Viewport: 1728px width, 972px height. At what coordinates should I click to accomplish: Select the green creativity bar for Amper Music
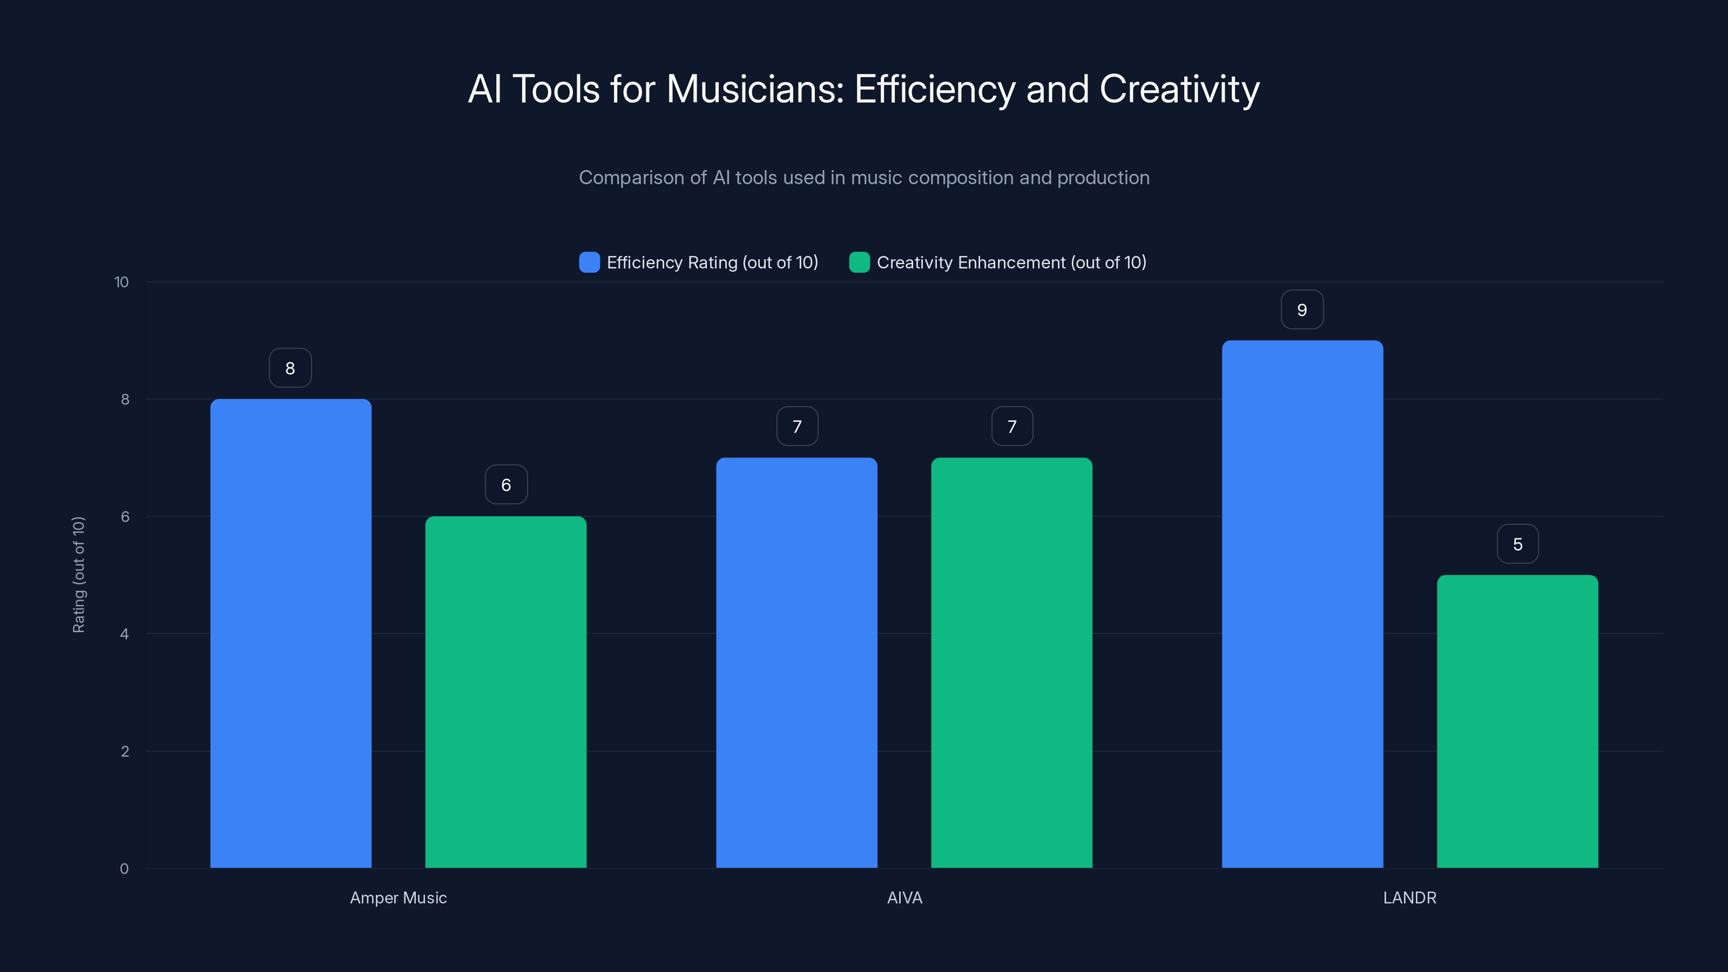click(x=506, y=692)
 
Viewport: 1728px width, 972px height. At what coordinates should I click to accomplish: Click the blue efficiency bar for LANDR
click(x=1302, y=604)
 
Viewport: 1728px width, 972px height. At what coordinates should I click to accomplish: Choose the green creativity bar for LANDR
click(x=1517, y=721)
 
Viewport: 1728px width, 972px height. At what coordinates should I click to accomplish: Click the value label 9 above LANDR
click(x=1302, y=310)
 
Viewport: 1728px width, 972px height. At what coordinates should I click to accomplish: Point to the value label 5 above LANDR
click(x=1517, y=544)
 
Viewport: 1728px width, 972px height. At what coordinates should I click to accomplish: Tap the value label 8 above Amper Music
click(x=291, y=368)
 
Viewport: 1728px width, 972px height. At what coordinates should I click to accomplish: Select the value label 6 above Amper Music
click(x=506, y=485)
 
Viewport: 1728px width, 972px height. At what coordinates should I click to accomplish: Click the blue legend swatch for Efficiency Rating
click(x=589, y=262)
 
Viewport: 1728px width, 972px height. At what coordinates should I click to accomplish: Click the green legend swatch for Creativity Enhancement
click(x=859, y=262)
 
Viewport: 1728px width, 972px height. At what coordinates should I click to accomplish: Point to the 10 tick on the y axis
click(x=122, y=282)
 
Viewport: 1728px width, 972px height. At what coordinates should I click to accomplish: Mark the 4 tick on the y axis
click(x=124, y=634)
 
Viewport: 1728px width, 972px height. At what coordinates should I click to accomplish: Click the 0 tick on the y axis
click(x=124, y=869)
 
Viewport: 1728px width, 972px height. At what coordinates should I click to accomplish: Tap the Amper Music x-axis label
click(x=399, y=897)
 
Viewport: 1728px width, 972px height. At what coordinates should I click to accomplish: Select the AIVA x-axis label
click(x=905, y=897)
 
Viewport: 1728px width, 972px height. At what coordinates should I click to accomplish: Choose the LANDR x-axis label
click(x=1409, y=897)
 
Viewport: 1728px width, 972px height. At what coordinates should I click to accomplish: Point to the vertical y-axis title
click(x=78, y=575)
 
